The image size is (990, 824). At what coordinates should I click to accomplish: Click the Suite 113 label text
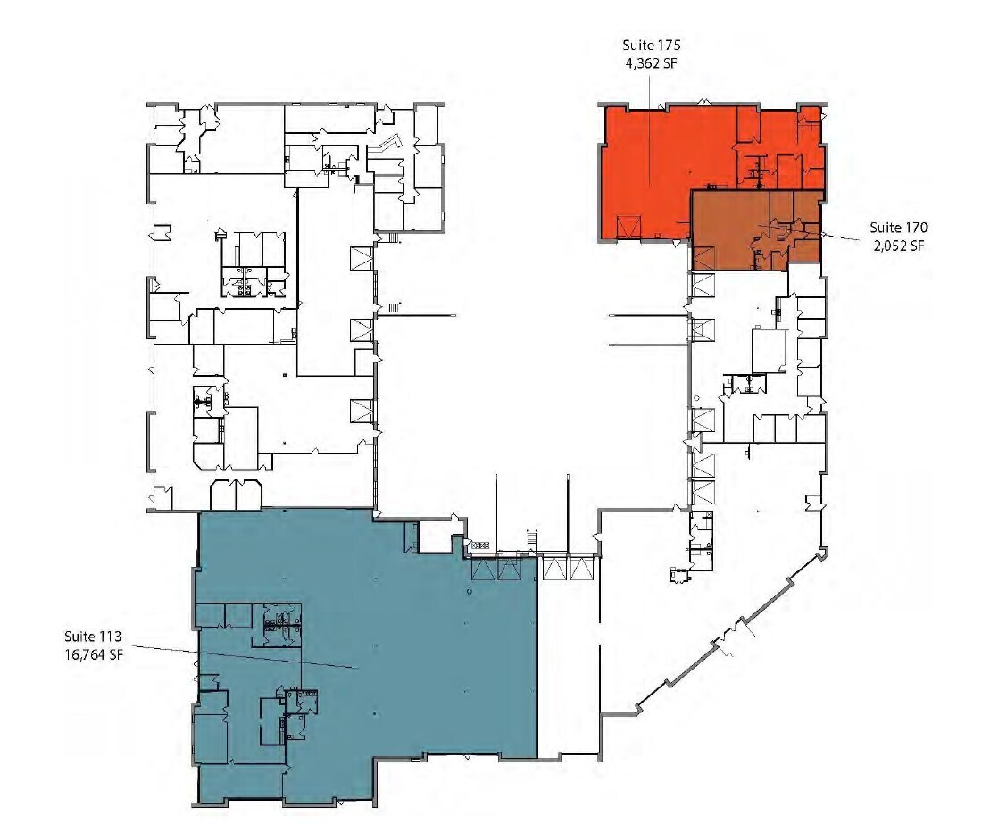click(x=92, y=637)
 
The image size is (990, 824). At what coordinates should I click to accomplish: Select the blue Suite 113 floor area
click(x=428, y=661)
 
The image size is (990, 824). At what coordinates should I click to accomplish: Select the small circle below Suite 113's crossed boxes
click(x=469, y=591)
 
